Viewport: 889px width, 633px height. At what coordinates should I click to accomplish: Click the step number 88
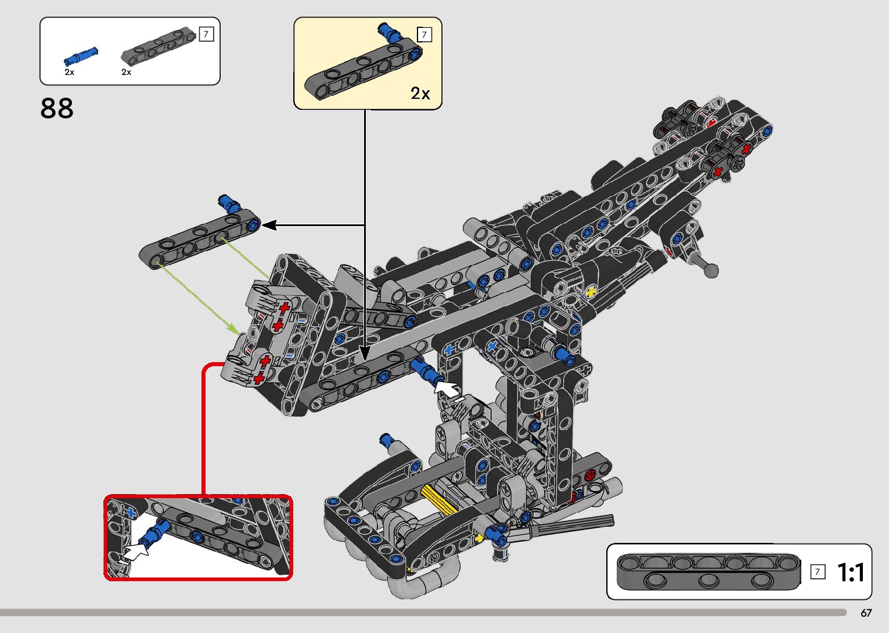click(57, 108)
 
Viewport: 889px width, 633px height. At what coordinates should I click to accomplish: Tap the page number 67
click(866, 613)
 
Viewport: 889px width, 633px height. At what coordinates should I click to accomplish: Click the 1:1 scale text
click(851, 573)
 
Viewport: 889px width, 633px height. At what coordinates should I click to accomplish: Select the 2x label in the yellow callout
click(420, 93)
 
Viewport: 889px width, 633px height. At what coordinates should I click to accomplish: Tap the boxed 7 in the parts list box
click(206, 34)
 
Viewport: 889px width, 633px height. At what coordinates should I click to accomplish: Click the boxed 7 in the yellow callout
click(424, 35)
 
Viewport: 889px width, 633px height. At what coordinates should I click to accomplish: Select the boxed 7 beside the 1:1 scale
click(818, 572)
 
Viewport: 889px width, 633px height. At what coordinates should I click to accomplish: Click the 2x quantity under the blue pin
click(69, 73)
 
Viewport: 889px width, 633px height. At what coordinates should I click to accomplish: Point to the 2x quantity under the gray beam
click(126, 73)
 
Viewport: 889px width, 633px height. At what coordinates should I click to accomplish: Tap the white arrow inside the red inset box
click(136, 550)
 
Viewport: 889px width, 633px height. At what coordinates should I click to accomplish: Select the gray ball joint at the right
click(710, 269)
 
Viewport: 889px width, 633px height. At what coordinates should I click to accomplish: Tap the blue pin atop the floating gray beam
click(229, 203)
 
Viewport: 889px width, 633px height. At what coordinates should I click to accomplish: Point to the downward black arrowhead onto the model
click(365, 352)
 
